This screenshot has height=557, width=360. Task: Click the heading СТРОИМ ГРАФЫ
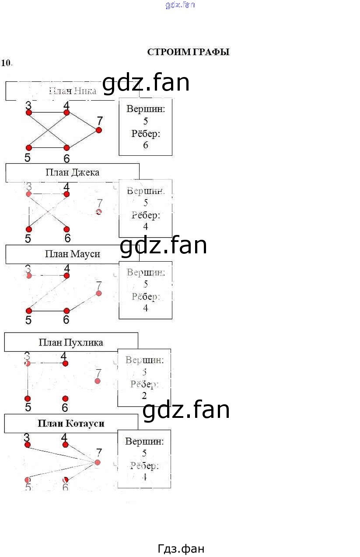tap(188, 52)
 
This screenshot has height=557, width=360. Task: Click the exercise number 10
tap(6, 63)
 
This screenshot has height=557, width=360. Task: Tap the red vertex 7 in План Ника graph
tap(99, 130)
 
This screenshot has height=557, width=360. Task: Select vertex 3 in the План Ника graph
tap(29, 112)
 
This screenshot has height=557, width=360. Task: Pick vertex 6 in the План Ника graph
tap(66, 148)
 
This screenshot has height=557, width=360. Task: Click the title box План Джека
tap(72, 172)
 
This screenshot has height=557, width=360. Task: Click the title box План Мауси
tap(72, 254)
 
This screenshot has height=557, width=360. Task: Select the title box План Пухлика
tap(71, 342)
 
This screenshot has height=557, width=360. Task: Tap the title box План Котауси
tap(71, 424)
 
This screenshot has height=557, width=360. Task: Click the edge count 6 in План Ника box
tap(146, 145)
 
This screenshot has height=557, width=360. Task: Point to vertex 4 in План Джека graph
tap(66, 194)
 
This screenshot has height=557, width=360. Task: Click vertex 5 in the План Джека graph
tap(29, 229)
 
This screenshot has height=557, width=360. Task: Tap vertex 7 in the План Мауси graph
tap(99, 293)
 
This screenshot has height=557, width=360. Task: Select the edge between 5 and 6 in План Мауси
tap(48, 311)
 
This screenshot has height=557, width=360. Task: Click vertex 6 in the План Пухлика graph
tap(65, 399)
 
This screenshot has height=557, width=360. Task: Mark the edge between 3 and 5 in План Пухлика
tap(28, 381)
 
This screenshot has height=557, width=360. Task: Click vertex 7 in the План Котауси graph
tap(98, 462)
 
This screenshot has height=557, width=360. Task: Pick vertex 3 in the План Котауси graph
tap(28, 445)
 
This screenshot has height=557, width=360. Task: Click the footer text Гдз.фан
tap(181, 549)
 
